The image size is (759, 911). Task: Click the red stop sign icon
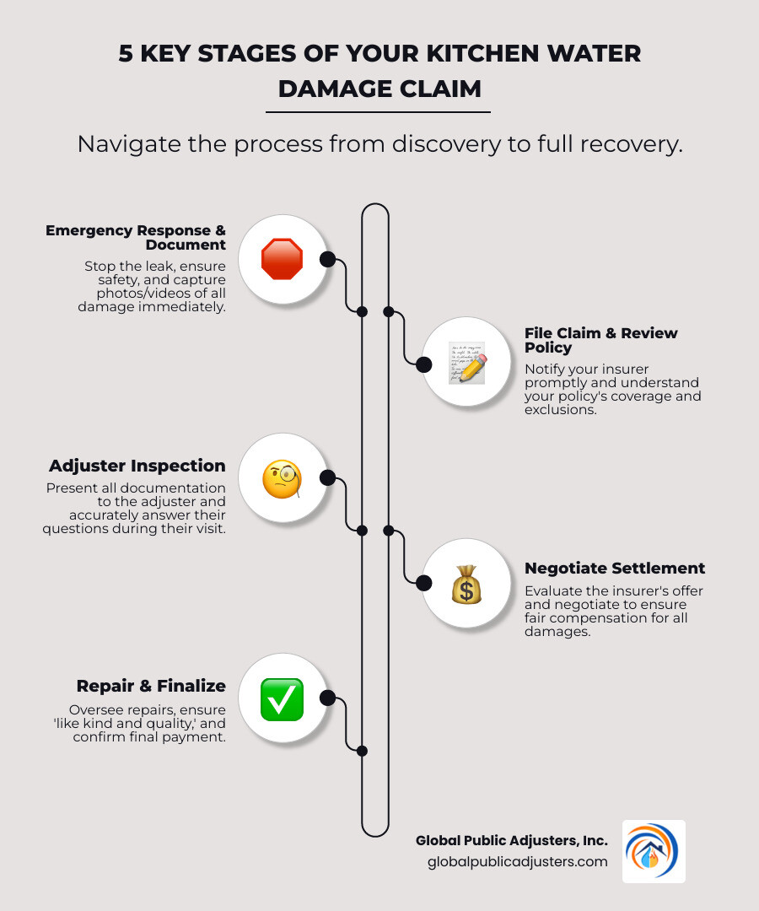282,259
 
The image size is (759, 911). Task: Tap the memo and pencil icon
466,362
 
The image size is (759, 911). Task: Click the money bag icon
466,584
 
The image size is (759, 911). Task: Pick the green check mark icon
282,699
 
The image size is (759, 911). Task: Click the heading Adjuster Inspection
137,466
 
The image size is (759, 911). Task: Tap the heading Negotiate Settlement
615,568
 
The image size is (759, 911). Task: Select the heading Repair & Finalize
151,686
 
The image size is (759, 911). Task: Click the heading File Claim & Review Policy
600,340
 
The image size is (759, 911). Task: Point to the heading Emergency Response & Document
136,237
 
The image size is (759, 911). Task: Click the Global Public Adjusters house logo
654,851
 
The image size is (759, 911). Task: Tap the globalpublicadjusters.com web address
517,861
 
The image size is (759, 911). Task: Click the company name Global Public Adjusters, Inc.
511,841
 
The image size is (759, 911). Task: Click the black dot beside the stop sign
328,259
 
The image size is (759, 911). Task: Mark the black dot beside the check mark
328,698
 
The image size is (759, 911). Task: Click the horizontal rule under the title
378,111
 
